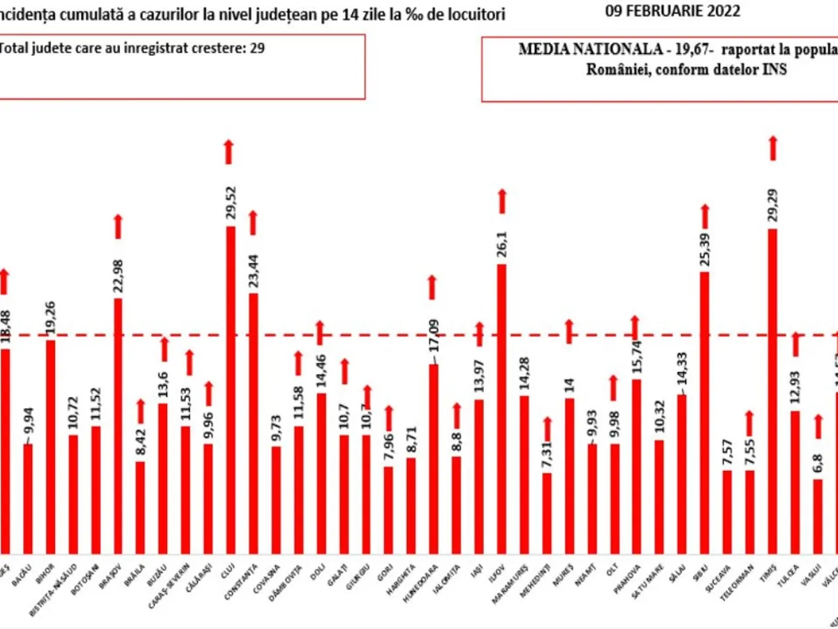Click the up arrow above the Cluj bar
click(x=228, y=152)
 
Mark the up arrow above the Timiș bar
click(x=772, y=148)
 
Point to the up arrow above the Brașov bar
click(x=118, y=226)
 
